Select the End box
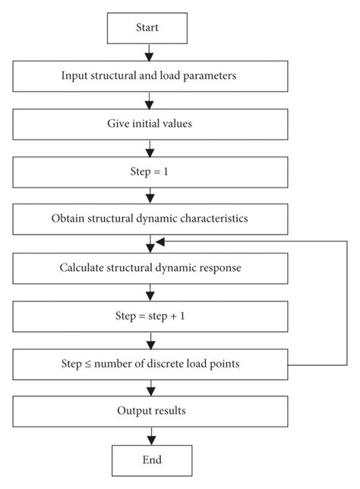pos(150,460)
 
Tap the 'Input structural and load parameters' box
pos(150,75)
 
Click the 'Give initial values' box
pos(150,123)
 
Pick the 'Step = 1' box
pos(150,172)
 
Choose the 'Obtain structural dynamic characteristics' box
pos(150,219)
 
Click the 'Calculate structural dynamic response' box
pos(150,267)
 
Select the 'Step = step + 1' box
pos(150,316)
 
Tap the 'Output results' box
pos(150,412)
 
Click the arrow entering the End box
pos(150,437)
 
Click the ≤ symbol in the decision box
pos(86,364)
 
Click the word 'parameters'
pos(215,75)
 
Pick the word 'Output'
pos(133,412)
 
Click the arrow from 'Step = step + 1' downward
pos(150,340)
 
